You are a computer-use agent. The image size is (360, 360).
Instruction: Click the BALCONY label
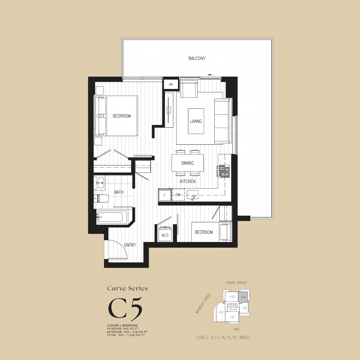point(197,58)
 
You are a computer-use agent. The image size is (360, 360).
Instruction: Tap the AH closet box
point(171,84)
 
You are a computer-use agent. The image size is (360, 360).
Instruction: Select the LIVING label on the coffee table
point(196,121)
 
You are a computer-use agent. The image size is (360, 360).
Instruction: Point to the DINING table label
point(187,163)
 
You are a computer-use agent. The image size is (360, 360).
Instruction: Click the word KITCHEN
point(188,181)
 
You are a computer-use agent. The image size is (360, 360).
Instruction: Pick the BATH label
point(119,192)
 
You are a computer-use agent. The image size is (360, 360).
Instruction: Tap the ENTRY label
point(130,245)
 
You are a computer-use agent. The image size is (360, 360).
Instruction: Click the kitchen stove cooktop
point(224,171)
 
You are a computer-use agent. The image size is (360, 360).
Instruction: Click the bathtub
point(110,217)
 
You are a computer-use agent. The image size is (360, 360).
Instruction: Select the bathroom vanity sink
point(100,182)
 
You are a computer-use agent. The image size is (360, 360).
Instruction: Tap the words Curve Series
point(127,288)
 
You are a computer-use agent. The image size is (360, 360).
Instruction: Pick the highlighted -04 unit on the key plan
point(243,297)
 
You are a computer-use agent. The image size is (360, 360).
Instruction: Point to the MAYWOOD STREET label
point(203,303)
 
